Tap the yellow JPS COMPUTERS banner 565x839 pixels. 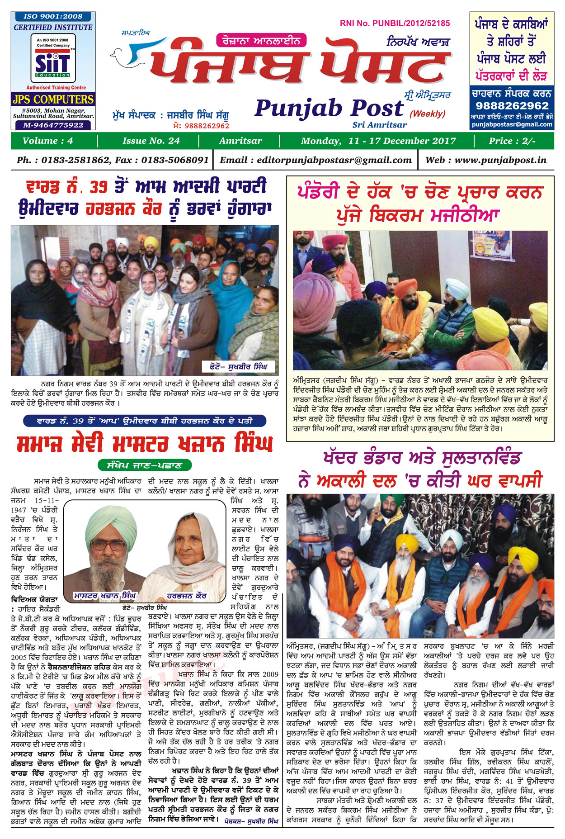click(x=53, y=99)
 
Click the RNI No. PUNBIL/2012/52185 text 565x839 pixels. click(x=395, y=23)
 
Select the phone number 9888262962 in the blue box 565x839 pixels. click(x=512, y=105)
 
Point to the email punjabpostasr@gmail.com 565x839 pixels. click(x=512, y=124)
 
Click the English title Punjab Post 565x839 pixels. click(x=329, y=109)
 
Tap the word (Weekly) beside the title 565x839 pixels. click(x=428, y=114)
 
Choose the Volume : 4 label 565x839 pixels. click(x=47, y=141)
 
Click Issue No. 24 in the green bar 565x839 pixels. click(x=151, y=141)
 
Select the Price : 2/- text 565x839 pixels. click(x=512, y=141)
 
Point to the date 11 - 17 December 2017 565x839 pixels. click(x=402, y=141)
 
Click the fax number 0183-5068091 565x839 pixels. click(x=175, y=160)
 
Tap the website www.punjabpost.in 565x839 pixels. click(x=500, y=160)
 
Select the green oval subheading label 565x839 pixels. click(x=145, y=465)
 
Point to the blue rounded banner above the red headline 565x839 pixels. click(x=144, y=421)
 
